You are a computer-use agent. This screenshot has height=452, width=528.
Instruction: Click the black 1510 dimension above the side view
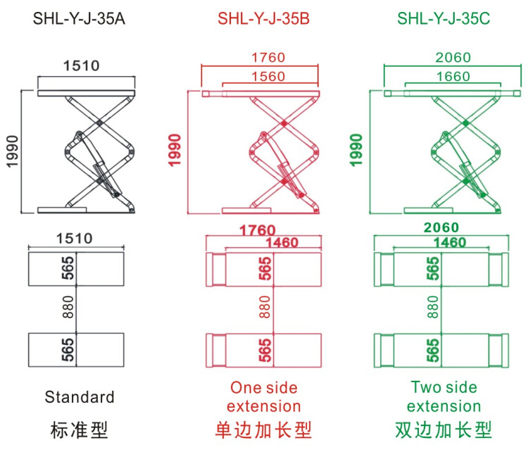tap(82, 66)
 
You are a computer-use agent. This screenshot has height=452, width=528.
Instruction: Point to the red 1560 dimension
tap(268, 77)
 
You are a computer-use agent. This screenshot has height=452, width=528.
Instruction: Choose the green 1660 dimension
tap(453, 77)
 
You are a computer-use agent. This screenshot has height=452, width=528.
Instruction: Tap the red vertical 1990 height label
tap(177, 150)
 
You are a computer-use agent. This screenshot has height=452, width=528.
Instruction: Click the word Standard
tap(80, 397)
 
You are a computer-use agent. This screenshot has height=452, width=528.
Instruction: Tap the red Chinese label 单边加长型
tap(263, 429)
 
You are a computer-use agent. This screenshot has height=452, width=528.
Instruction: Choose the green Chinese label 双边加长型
tap(444, 429)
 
